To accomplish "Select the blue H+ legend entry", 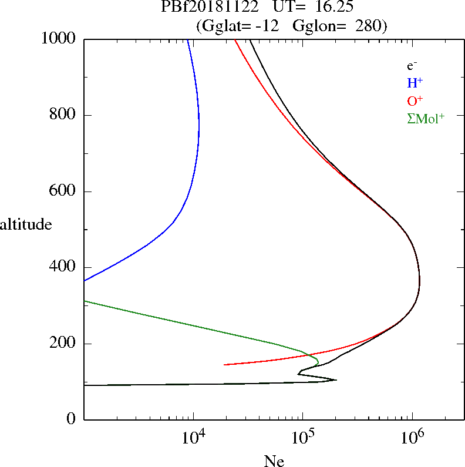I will point(415,83).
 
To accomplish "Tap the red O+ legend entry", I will point(415,101).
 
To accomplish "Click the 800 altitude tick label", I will point(64,115).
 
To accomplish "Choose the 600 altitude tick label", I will point(64,191).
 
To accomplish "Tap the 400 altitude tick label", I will point(64,267).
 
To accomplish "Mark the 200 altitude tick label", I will point(64,344).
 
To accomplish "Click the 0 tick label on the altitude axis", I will point(72,419).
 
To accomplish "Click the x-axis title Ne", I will point(274,461).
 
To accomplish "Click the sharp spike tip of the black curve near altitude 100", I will point(336,379).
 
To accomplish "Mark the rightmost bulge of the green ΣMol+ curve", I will point(318,360).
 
